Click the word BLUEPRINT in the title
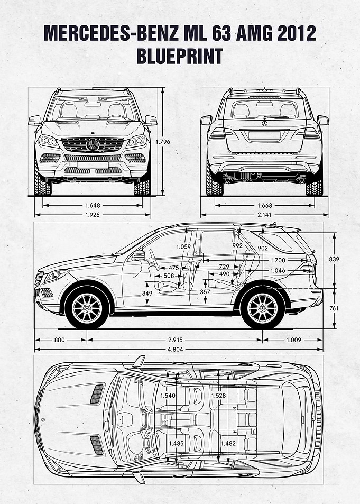(180, 56)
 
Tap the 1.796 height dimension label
(163, 141)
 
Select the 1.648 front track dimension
(93, 205)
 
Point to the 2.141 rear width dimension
(264, 215)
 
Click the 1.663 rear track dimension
(264, 205)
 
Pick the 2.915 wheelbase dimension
(175, 340)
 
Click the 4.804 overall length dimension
(176, 350)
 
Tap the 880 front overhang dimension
(59, 340)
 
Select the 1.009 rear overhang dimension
(293, 340)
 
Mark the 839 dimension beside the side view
(334, 259)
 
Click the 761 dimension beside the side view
(334, 308)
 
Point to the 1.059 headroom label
(183, 247)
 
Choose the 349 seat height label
(147, 293)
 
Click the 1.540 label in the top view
(168, 396)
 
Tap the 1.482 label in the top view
(228, 443)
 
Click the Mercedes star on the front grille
(93, 145)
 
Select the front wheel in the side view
(87, 308)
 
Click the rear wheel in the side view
(263, 308)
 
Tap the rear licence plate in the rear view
(264, 135)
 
